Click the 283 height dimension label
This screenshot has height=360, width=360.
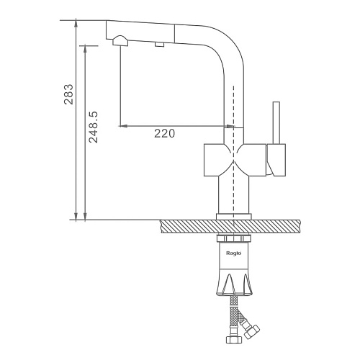pyautogui.click(x=68, y=94)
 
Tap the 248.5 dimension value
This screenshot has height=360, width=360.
pyautogui.click(x=94, y=127)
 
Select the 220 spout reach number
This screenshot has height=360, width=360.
pyautogui.click(x=164, y=133)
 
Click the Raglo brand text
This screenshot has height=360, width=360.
pyautogui.click(x=234, y=253)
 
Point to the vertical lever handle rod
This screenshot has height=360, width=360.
pyautogui.click(x=276, y=123)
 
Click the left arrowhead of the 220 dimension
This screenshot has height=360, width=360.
pyautogui.click(x=123, y=126)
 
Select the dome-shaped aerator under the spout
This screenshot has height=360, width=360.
pyautogui.click(x=120, y=40)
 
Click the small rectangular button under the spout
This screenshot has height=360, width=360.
pyautogui.click(x=159, y=45)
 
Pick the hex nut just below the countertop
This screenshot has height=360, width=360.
pyautogui.click(x=234, y=239)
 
